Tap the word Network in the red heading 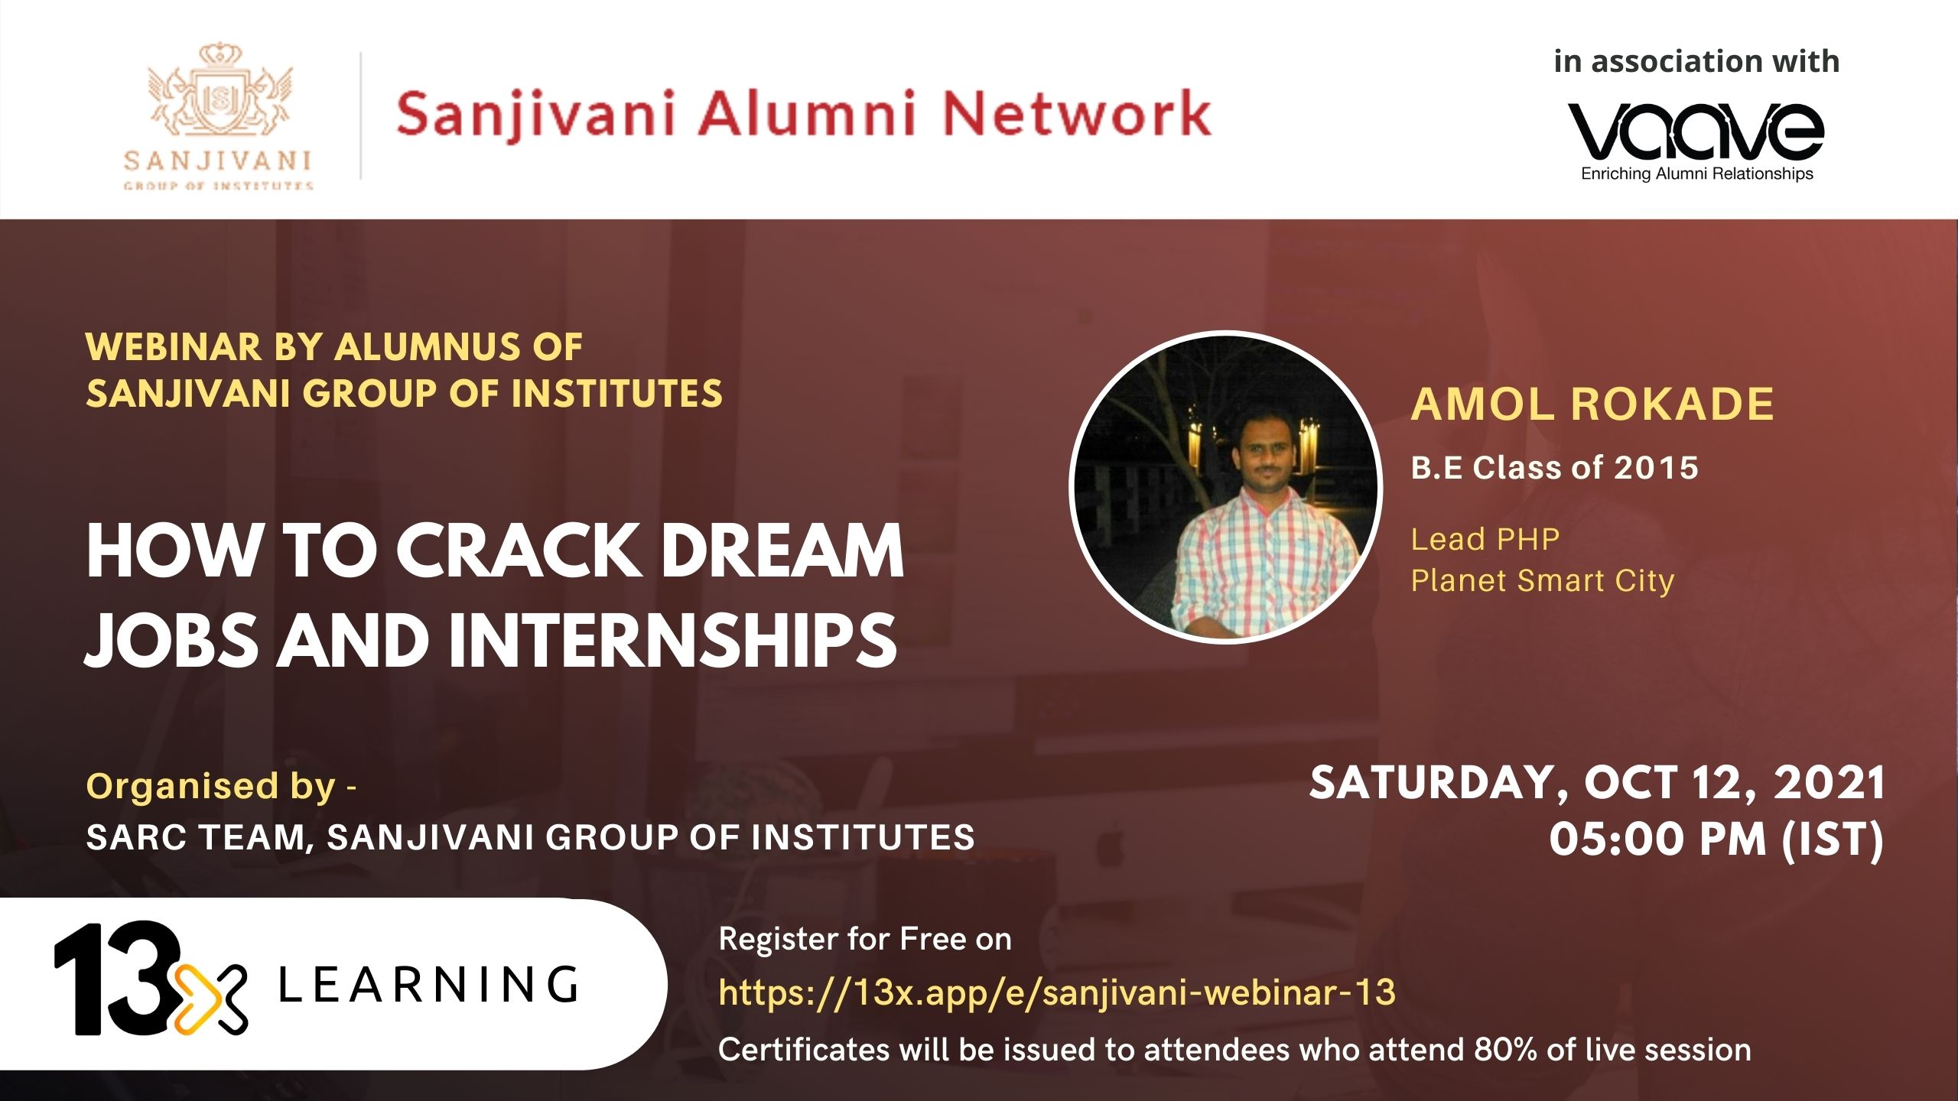[1077, 114]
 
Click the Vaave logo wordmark [1696, 131]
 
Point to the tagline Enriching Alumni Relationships [1697, 174]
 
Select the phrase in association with [1696, 61]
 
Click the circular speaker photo [1225, 487]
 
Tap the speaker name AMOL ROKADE [1592, 404]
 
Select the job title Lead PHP [1485, 539]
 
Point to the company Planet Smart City [1543, 581]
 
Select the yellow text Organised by [211, 787]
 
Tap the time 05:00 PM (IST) [1716, 839]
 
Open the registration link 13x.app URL [1057, 992]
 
